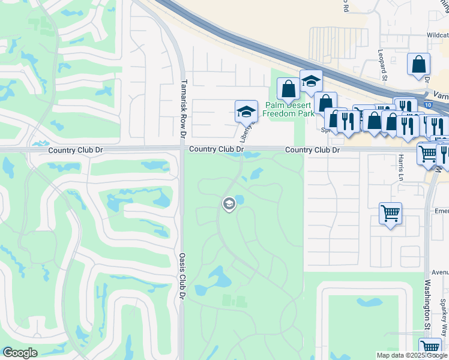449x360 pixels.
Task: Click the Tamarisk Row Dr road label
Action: tap(184, 103)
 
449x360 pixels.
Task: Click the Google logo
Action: tap(20, 353)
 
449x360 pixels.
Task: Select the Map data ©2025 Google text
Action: tap(411, 355)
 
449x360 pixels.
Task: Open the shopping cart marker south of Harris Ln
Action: tap(390, 214)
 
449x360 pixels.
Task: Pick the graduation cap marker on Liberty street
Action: tap(246, 112)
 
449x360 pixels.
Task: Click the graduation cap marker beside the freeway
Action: tap(311, 82)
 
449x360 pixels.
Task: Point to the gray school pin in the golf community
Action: tap(229, 205)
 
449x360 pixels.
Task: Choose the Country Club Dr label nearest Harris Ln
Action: tap(312, 150)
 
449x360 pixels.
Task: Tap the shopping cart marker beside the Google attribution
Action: tap(430, 347)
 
